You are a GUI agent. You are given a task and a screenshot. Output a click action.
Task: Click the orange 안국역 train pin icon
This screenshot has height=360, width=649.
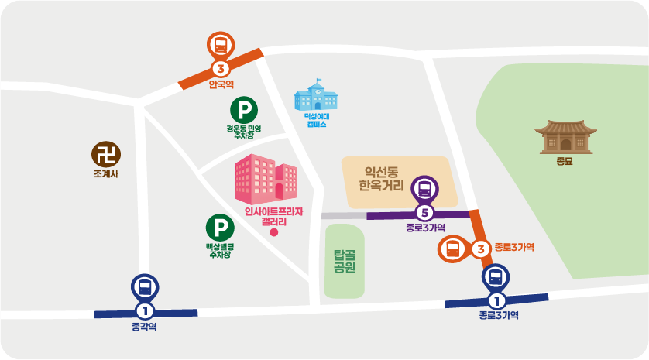click(221, 45)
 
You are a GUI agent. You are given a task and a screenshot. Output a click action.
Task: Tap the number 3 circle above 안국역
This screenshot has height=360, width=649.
click(221, 67)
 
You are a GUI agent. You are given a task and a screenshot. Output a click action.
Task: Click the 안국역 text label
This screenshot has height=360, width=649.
click(221, 84)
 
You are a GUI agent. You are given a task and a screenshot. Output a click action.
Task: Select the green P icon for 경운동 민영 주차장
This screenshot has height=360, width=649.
click(244, 109)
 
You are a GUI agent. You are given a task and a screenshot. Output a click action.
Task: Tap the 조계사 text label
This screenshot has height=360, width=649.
click(105, 173)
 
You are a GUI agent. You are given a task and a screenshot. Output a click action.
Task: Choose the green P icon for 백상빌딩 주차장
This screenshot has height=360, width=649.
click(220, 228)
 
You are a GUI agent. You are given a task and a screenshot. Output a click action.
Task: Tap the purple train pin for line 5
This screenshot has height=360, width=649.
click(424, 189)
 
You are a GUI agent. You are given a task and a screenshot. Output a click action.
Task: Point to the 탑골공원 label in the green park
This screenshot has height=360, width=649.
click(344, 262)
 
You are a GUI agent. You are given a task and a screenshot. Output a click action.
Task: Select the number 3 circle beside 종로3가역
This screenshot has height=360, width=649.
click(481, 249)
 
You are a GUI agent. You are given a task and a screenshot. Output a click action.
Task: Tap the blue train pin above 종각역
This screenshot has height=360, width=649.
click(145, 287)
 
